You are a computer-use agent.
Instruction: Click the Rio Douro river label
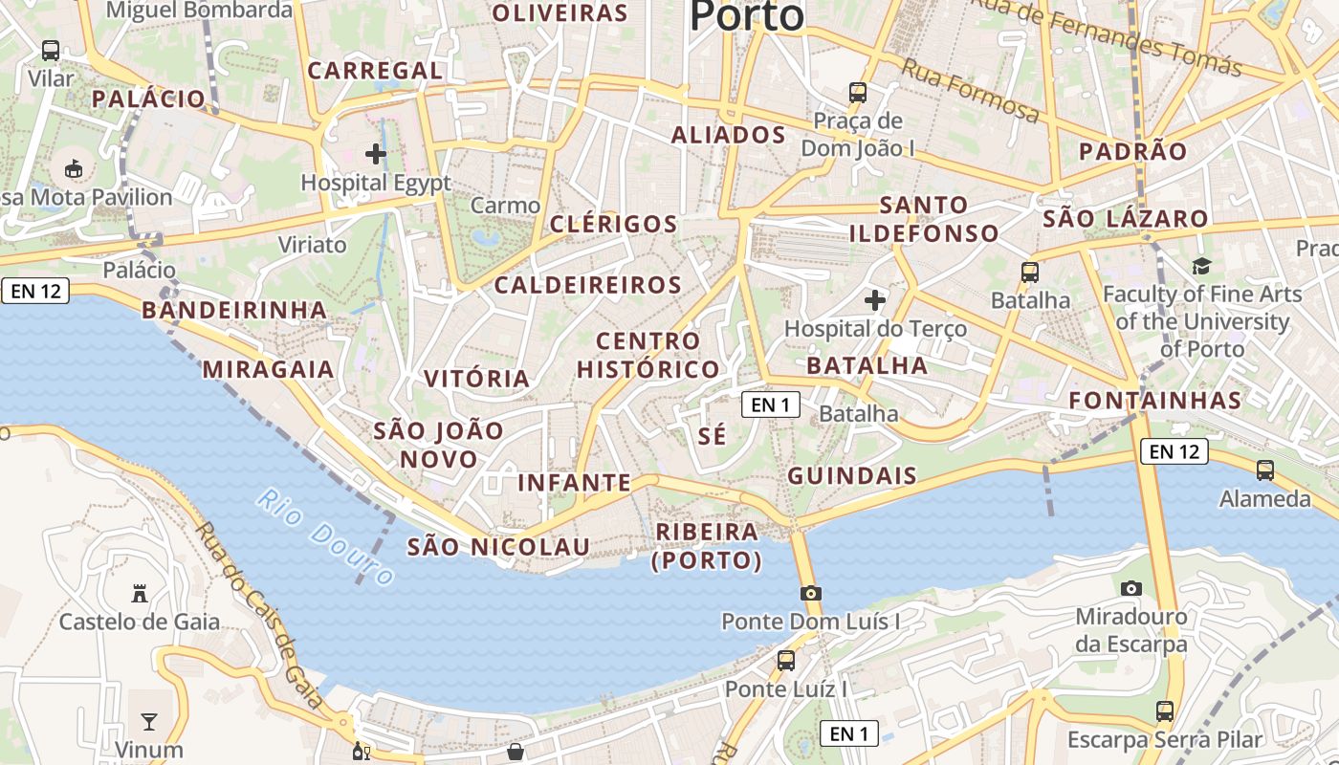coord(325,537)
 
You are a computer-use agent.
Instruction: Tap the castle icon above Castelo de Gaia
coord(140,594)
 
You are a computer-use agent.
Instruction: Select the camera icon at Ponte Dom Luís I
coord(811,593)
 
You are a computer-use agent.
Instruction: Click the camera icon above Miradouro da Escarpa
coord(1131,588)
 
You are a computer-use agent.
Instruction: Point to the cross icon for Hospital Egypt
coord(376,153)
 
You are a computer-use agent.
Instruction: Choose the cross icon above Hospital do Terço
coord(875,300)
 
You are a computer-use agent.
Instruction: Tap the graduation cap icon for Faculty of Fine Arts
coord(1201,266)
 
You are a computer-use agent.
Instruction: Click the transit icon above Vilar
coord(51,50)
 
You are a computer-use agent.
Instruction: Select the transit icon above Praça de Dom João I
coord(858,93)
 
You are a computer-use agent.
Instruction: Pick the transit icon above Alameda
coord(1265,470)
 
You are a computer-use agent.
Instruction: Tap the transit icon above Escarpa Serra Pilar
coord(1165,710)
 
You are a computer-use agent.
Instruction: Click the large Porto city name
coord(747,16)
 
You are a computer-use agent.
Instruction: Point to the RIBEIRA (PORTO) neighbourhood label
coord(707,546)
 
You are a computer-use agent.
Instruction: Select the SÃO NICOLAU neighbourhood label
coord(498,547)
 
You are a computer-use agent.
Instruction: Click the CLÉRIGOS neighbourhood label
coord(613,224)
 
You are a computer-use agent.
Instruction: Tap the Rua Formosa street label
coord(970,91)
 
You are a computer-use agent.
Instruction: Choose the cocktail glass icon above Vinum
coord(149,721)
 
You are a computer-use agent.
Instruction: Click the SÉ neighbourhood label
coord(713,436)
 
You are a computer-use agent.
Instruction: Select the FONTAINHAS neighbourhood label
coord(1154,401)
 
